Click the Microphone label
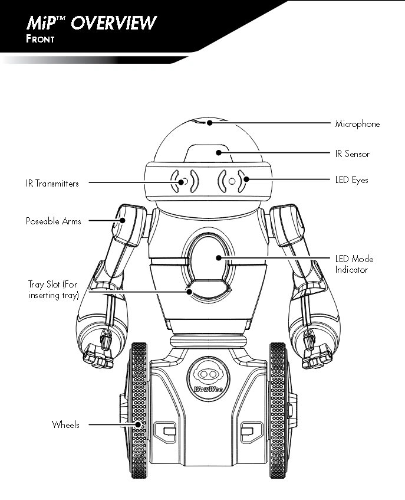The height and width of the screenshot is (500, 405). pyautogui.click(x=357, y=124)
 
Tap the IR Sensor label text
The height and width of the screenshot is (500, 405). pyautogui.click(x=352, y=154)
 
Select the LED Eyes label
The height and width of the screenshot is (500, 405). pyautogui.click(x=351, y=179)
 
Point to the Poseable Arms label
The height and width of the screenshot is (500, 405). pyautogui.click(x=53, y=221)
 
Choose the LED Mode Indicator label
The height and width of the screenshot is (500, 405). pyautogui.click(x=354, y=264)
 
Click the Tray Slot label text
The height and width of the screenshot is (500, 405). pyautogui.click(x=53, y=290)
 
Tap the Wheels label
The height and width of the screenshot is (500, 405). pyautogui.click(x=65, y=424)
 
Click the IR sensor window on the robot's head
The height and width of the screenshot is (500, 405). pyautogui.click(x=207, y=152)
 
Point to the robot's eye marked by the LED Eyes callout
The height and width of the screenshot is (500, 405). pyautogui.click(x=232, y=180)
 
